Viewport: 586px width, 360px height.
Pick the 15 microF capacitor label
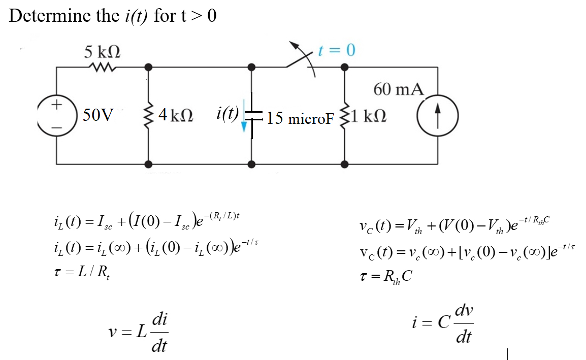click(x=300, y=118)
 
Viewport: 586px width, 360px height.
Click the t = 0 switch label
click(x=336, y=50)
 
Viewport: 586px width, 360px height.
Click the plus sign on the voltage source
click(x=56, y=105)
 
